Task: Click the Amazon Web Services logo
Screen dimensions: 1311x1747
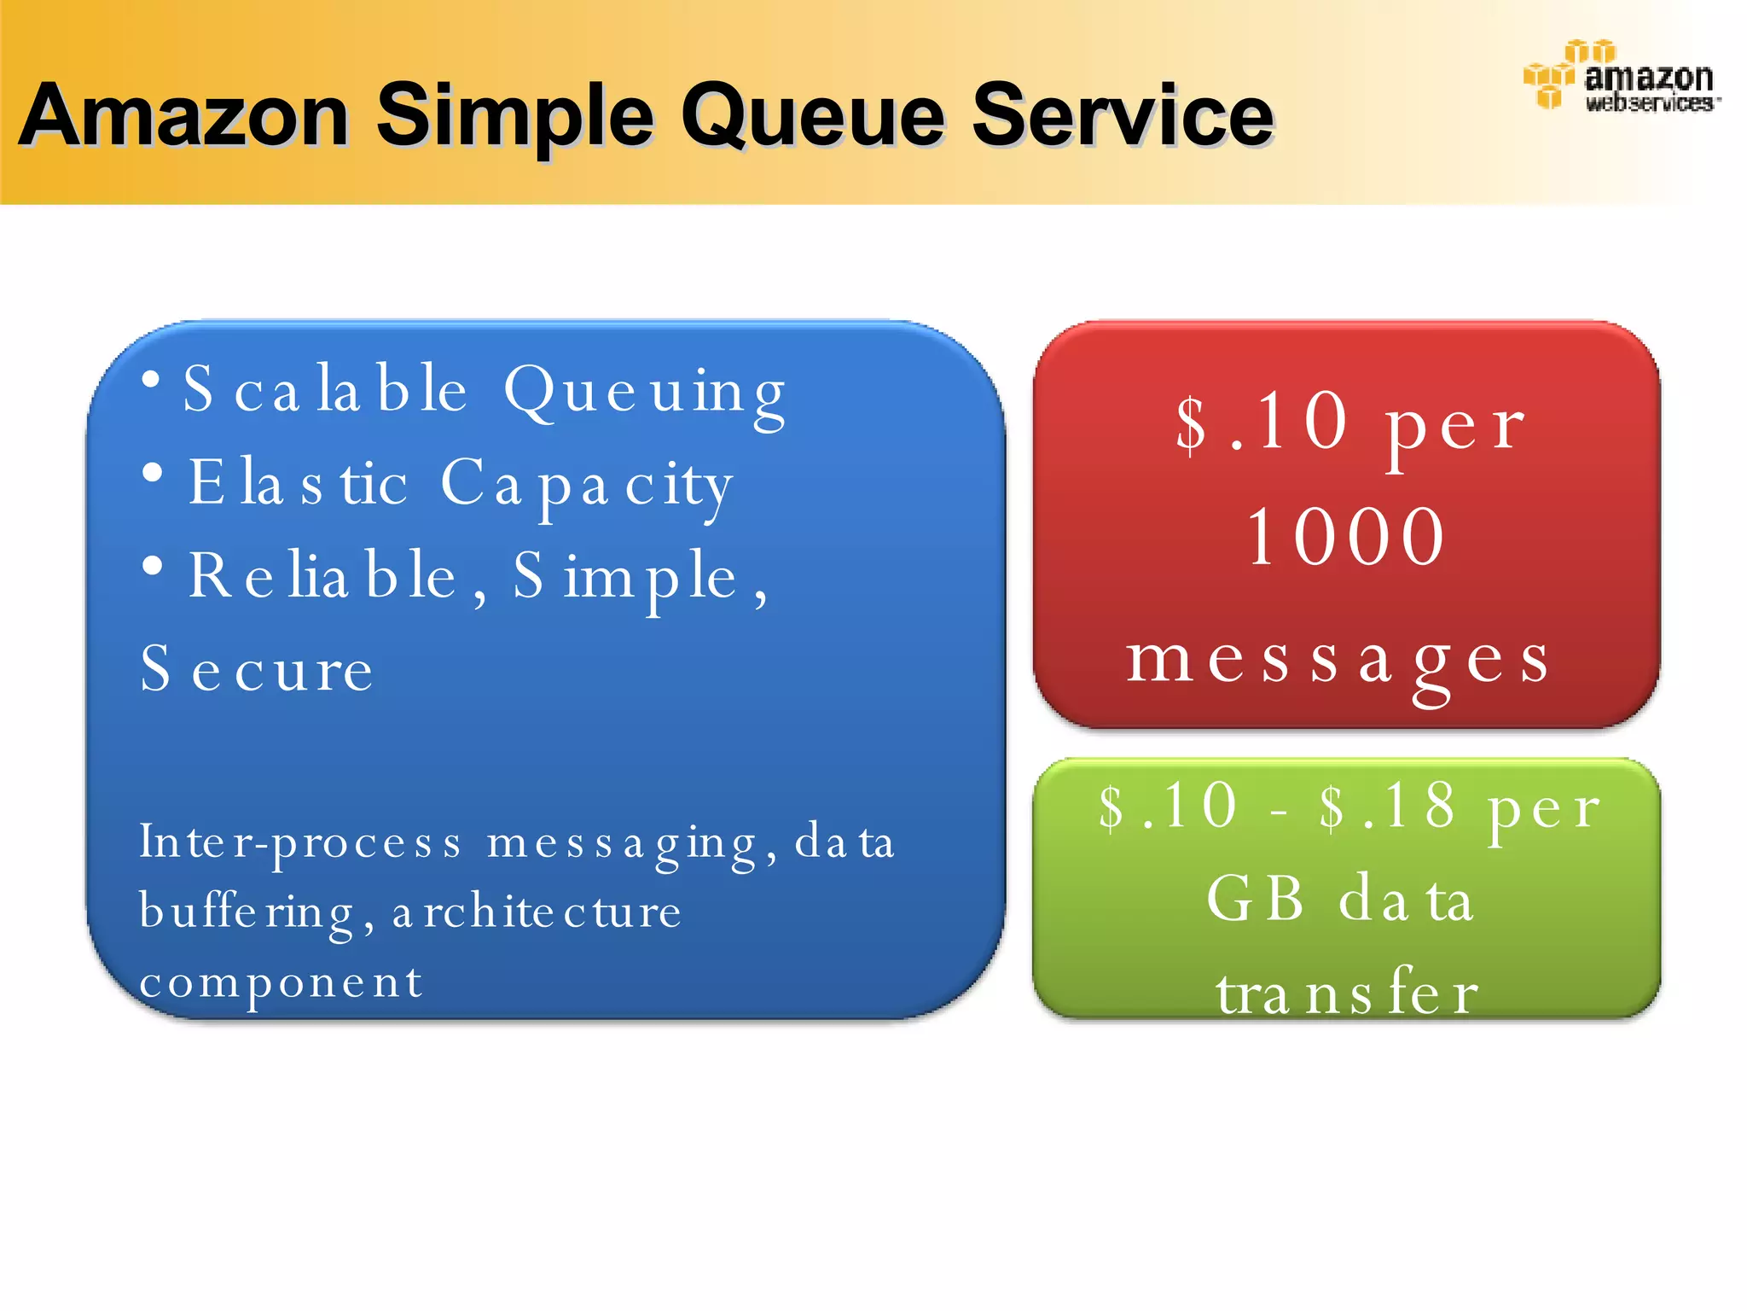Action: (1621, 77)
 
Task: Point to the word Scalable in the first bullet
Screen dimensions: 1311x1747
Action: (324, 390)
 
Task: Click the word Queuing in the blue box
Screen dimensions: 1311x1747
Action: (644, 393)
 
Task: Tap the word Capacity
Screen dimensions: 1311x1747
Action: (587, 486)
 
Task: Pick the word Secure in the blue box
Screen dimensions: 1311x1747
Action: (256, 670)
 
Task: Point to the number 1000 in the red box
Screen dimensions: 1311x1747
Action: (1345, 537)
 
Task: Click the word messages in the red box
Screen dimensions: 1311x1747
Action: (1338, 661)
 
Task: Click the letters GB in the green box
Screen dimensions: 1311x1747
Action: (1255, 899)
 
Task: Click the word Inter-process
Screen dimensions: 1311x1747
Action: (300, 843)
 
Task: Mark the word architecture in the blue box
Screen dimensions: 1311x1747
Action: (537, 912)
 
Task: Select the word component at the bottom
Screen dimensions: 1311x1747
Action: (281, 982)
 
